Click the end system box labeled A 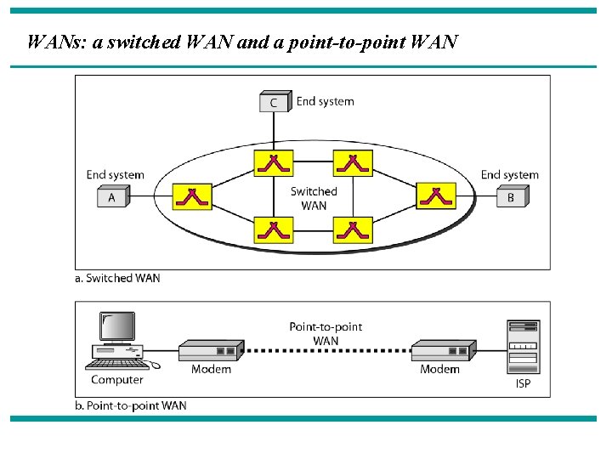(x=112, y=197)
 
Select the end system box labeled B (x=513, y=197)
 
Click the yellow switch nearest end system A (x=192, y=197)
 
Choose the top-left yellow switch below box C (x=274, y=163)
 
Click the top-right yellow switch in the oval (x=353, y=163)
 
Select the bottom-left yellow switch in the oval (x=274, y=230)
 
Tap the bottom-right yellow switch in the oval (x=353, y=230)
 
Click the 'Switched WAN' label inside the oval (x=314, y=198)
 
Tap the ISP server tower (x=523, y=346)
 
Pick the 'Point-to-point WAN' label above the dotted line (x=326, y=333)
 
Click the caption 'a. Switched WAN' (x=117, y=278)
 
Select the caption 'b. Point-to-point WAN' (x=131, y=405)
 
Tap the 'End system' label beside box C (x=325, y=101)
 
